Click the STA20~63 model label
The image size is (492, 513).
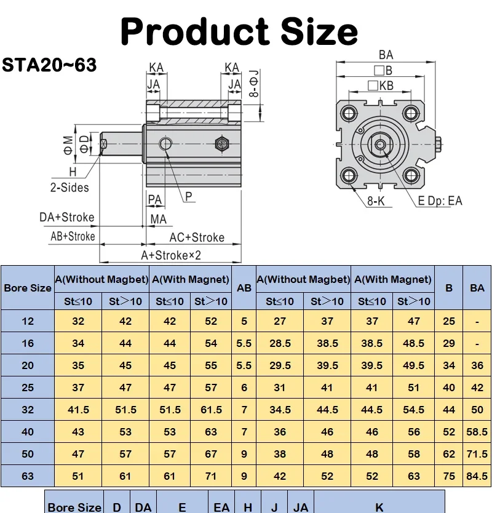click(x=49, y=65)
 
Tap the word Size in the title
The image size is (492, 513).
click(x=319, y=31)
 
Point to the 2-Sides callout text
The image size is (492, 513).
click(x=69, y=188)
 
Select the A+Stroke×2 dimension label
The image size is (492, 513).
click(x=171, y=255)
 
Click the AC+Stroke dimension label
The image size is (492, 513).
click(x=197, y=237)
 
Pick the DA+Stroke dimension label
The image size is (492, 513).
click(x=67, y=217)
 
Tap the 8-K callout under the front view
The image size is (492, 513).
click(x=376, y=201)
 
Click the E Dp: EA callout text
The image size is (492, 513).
click(x=440, y=201)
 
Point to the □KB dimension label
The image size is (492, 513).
click(x=381, y=85)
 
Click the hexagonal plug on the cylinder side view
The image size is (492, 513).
click(x=222, y=143)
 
